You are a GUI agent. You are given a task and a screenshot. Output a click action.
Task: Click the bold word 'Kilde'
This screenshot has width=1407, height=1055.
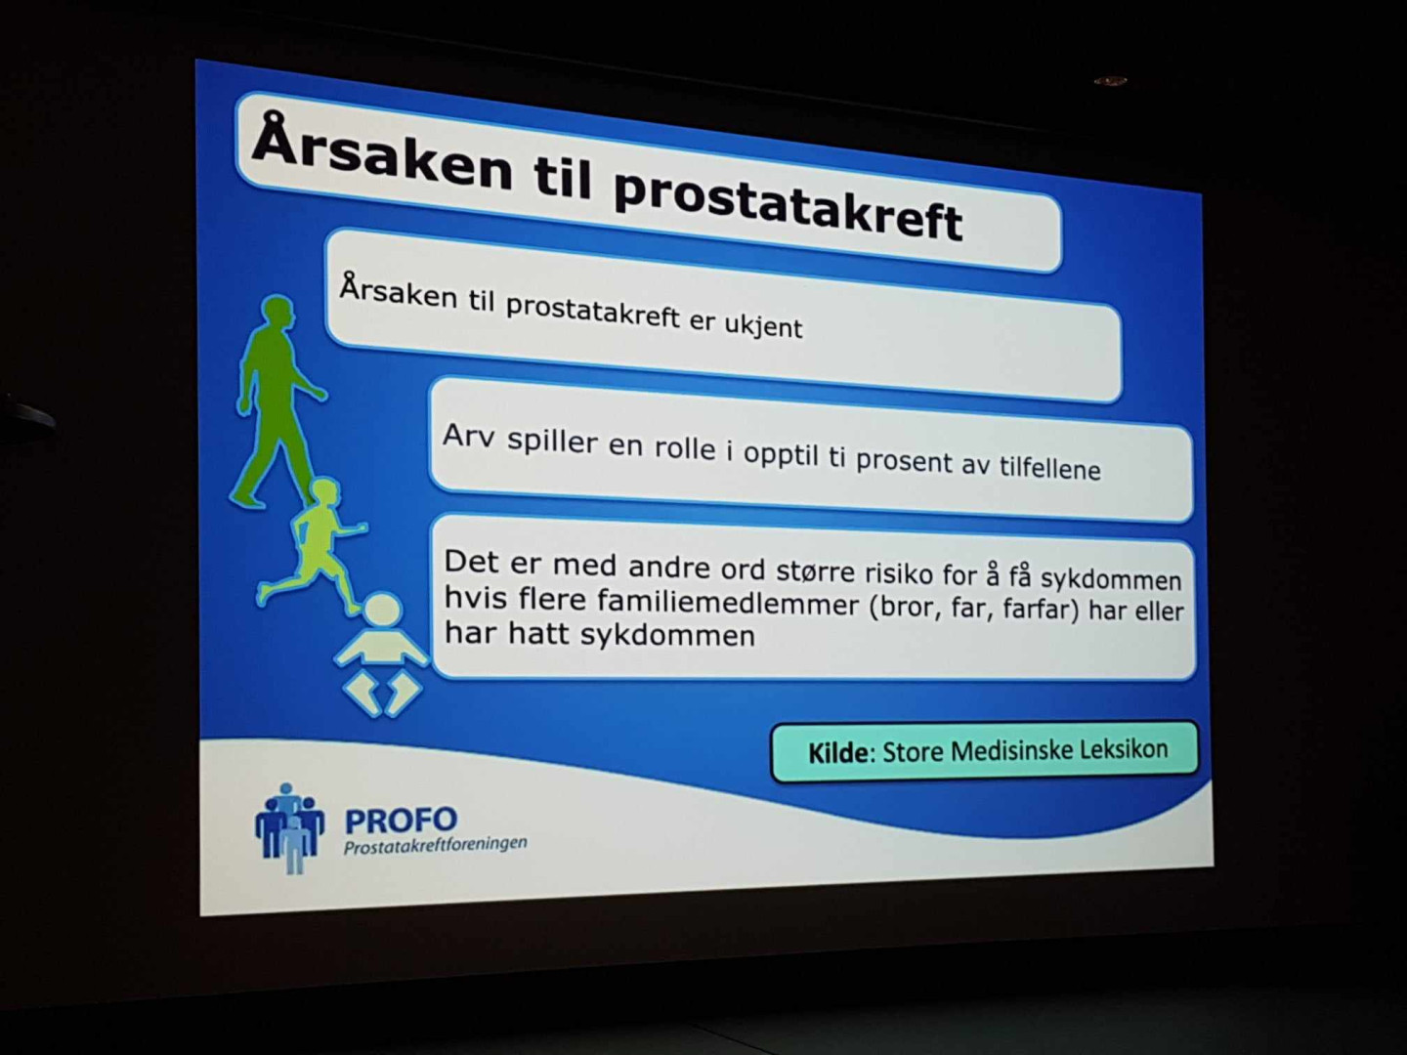pos(838,753)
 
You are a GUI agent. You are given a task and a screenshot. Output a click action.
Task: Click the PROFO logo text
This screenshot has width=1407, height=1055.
pos(402,820)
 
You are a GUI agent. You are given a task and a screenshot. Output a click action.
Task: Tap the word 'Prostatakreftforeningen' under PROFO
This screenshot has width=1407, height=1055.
pos(435,846)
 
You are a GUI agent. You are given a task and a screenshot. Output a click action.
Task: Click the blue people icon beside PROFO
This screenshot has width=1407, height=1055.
pos(290,827)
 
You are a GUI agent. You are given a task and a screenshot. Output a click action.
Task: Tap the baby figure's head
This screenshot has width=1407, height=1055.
pos(383,610)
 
